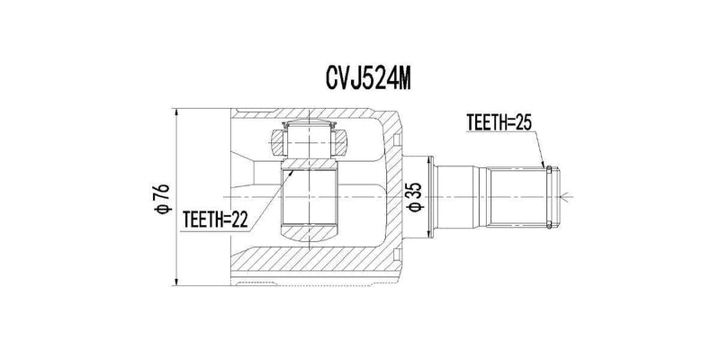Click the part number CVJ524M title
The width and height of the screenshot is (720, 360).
coord(359,78)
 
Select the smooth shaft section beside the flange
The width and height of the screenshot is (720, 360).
coord(463,194)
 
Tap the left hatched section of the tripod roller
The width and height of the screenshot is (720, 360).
coord(278,140)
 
